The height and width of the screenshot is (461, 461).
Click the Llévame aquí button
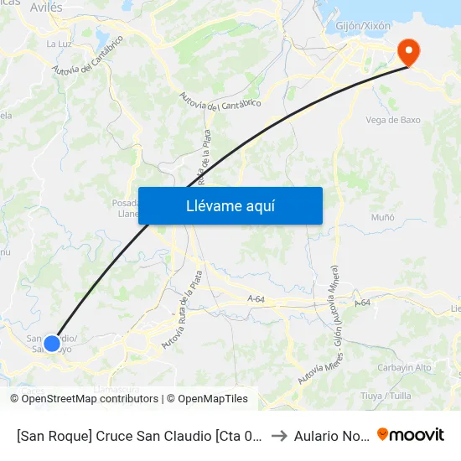[230, 205]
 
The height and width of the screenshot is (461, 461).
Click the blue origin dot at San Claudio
[52, 343]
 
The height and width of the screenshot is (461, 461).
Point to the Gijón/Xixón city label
[363, 26]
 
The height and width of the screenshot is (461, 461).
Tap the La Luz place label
[58, 44]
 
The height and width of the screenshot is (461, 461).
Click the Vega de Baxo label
[393, 120]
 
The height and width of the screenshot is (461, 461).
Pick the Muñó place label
[382, 217]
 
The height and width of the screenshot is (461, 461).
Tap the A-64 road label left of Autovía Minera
[257, 298]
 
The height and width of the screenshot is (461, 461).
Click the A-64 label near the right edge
[363, 303]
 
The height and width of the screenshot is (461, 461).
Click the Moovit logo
[411, 434]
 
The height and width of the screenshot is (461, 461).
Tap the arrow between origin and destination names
[280, 435]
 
